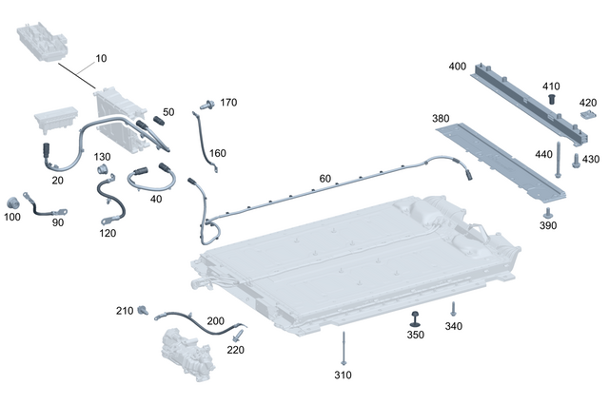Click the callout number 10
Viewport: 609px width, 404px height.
pyautogui.click(x=101, y=59)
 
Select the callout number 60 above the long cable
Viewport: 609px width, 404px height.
pyautogui.click(x=325, y=179)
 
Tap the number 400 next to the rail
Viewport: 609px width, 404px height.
pyautogui.click(x=457, y=67)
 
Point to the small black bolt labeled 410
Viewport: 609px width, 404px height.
pyautogui.click(x=550, y=99)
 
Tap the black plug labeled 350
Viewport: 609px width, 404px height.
pyautogui.click(x=416, y=317)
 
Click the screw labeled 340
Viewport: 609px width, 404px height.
pyautogui.click(x=453, y=309)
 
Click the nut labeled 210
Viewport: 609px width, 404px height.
pyautogui.click(x=144, y=310)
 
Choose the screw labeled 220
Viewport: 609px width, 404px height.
pyautogui.click(x=237, y=335)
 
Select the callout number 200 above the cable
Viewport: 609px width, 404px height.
pyautogui.click(x=216, y=321)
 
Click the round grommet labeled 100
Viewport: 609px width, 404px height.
pyautogui.click(x=13, y=202)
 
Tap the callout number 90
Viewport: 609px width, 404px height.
pyautogui.click(x=58, y=222)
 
